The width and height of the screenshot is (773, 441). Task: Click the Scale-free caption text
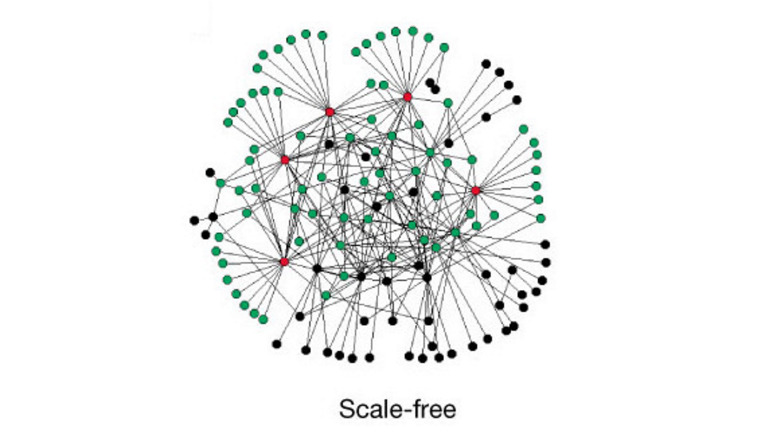point(397,409)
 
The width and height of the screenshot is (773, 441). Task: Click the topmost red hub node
point(407,97)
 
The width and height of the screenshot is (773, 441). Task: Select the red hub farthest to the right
point(475,190)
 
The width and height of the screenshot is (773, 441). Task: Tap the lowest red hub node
point(284,262)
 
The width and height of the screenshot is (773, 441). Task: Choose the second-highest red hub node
point(330,112)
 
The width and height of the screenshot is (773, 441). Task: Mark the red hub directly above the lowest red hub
point(284,160)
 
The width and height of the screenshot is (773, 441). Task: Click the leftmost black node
point(195,220)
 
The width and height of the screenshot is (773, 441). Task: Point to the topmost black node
point(486,64)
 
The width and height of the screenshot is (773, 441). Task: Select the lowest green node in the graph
point(263,319)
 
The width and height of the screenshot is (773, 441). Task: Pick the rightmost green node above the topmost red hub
point(444,48)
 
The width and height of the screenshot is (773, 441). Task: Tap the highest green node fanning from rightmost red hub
point(524,129)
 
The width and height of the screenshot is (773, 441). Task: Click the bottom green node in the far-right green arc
point(541,218)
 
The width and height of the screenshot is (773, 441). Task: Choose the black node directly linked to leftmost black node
point(213,216)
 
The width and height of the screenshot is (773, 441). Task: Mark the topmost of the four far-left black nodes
point(210,173)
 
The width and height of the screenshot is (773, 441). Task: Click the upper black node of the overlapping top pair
point(430,83)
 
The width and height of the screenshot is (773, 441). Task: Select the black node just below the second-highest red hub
point(329,144)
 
